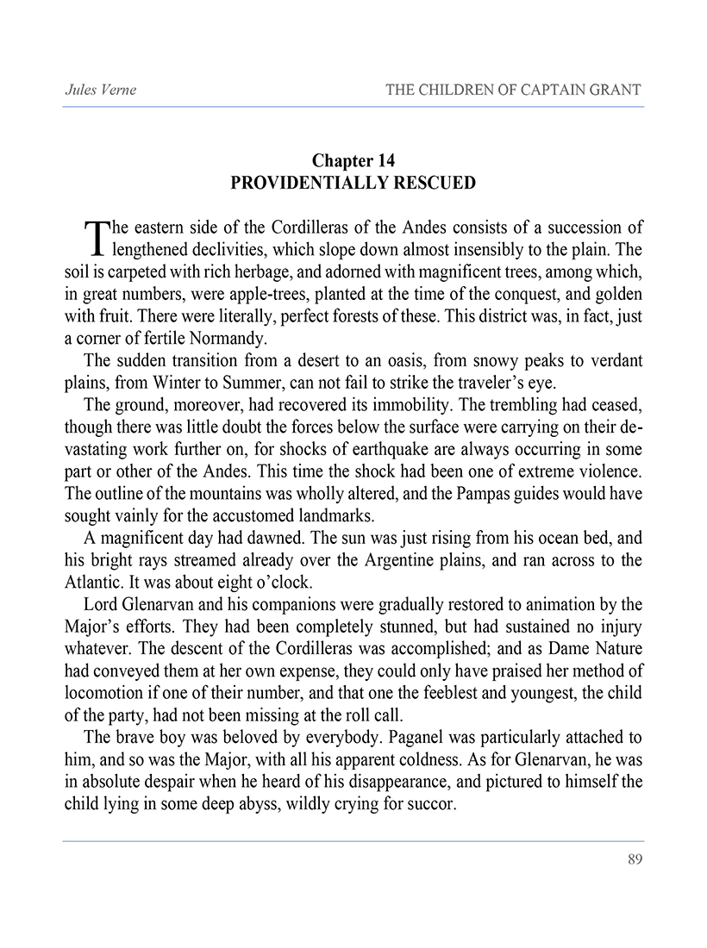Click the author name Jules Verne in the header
[100, 90]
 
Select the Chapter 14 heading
[353, 161]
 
